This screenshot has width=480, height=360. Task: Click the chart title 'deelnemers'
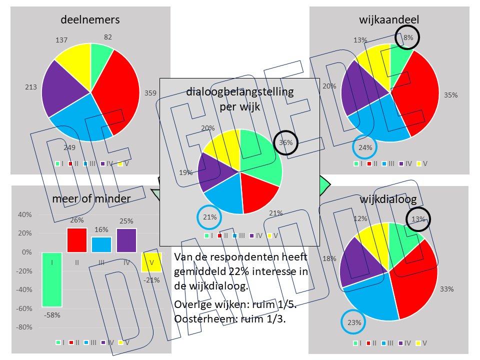pos(90,20)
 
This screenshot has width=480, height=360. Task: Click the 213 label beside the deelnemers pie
pos(31,87)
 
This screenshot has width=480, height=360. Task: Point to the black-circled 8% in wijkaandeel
pos(407,37)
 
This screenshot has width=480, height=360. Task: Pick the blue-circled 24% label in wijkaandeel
pos(365,147)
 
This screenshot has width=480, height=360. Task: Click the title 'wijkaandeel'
pos(389,20)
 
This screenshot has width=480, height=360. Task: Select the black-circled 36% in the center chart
pos(285,142)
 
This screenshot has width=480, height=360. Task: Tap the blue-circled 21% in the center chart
pos(210,216)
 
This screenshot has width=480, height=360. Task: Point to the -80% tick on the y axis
pos(24,327)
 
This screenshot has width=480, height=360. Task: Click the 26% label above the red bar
pos(76,220)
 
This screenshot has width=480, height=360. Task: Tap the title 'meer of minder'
pos(91,199)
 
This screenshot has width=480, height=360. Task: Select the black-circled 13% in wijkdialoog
pos(418,219)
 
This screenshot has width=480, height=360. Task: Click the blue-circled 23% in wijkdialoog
pos(354,322)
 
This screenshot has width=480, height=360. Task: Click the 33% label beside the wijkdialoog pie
pos(446,289)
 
